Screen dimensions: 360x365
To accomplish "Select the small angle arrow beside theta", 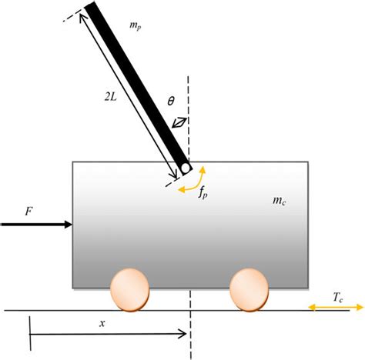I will tap(179, 122).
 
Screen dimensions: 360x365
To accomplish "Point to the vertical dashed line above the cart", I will tap(190, 115).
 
